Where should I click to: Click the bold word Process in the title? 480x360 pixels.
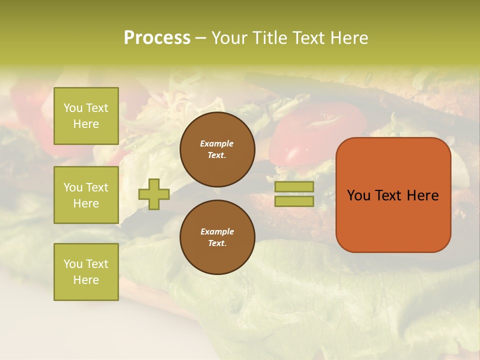[x=157, y=38]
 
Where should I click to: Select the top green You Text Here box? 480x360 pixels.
[x=86, y=116]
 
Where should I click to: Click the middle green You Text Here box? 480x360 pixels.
[x=86, y=195]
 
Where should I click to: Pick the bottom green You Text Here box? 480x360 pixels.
[x=86, y=272]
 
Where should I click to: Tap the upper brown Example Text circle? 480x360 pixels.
[x=217, y=149]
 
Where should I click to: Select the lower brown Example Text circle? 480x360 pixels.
[x=217, y=237]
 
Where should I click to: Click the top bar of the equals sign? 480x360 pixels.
[x=294, y=187]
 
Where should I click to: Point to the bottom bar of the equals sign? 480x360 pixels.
[x=294, y=201]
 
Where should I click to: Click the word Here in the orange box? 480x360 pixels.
[x=422, y=195]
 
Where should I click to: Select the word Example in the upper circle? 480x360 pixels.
[x=217, y=143]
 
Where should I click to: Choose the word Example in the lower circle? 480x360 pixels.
[x=217, y=231]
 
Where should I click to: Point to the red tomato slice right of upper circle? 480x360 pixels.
[x=320, y=125]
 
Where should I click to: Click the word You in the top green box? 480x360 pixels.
[x=73, y=108]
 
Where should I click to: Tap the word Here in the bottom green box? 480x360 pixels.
[x=86, y=280]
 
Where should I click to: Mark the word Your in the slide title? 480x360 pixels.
[x=229, y=38]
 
